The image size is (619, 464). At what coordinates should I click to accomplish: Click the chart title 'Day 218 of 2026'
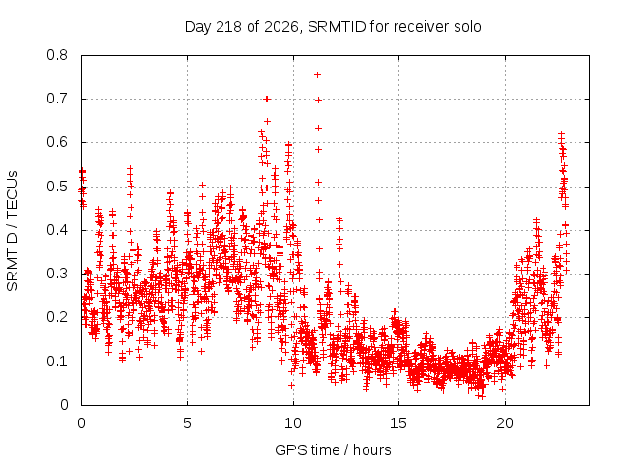pyautogui.click(x=241, y=27)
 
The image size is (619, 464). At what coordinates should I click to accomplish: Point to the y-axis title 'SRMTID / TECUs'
pyautogui.click(x=13, y=231)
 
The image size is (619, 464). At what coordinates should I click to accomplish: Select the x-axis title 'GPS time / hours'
pyautogui.click(x=333, y=449)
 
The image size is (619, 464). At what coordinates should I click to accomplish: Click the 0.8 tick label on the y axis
pyautogui.click(x=57, y=55)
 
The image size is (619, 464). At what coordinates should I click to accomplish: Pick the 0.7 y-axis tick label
pyautogui.click(x=57, y=99)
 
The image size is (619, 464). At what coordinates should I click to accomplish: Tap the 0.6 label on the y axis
pyautogui.click(x=57, y=142)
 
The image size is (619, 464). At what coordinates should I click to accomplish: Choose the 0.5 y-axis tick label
pyautogui.click(x=57, y=187)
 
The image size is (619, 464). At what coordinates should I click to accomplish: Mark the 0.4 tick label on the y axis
pyautogui.click(x=57, y=230)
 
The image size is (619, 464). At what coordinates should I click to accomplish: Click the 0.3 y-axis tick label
pyautogui.click(x=57, y=274)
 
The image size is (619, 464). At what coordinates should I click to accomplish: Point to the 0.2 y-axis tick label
pyautogui.click(x=57, y=317)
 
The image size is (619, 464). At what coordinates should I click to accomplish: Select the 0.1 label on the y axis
pyautogui.click(x=57, y=361)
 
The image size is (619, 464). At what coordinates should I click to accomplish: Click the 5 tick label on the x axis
pyautogui.click(x=187, y=423)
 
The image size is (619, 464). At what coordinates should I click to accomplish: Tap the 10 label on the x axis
pyautogui.click(x=293, y=423)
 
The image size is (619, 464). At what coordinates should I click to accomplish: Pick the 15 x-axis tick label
pyautogui.click(x=398, y=423)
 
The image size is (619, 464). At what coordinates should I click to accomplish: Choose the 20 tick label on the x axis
pyautogui.click(x=505, y=423)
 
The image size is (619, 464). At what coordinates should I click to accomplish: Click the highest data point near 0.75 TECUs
pyautogui.click(x=317, y=75)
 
